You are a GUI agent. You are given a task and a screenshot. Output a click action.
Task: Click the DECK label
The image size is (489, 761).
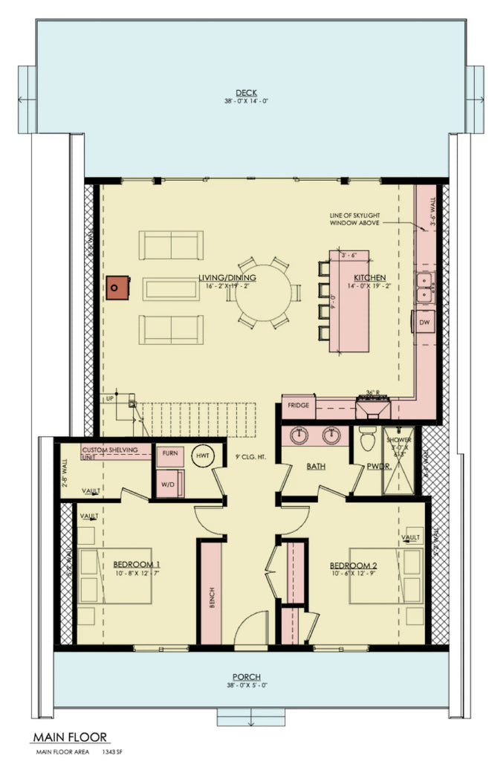(x=246, y=93)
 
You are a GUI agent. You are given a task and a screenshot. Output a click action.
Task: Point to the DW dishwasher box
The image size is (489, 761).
(x=424, y=322)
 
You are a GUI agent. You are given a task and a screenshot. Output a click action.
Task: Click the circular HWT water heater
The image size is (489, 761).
(x=203, y=456)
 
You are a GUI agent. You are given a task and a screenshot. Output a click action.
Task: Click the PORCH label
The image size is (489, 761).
(x=246, y=676)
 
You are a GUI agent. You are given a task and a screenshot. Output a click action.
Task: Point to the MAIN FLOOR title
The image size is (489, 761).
(x=71, y=737)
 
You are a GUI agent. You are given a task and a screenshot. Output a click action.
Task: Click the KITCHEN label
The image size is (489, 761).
(x=369, y=277)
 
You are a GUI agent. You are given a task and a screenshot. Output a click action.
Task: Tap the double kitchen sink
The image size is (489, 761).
(x=425, y=286)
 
